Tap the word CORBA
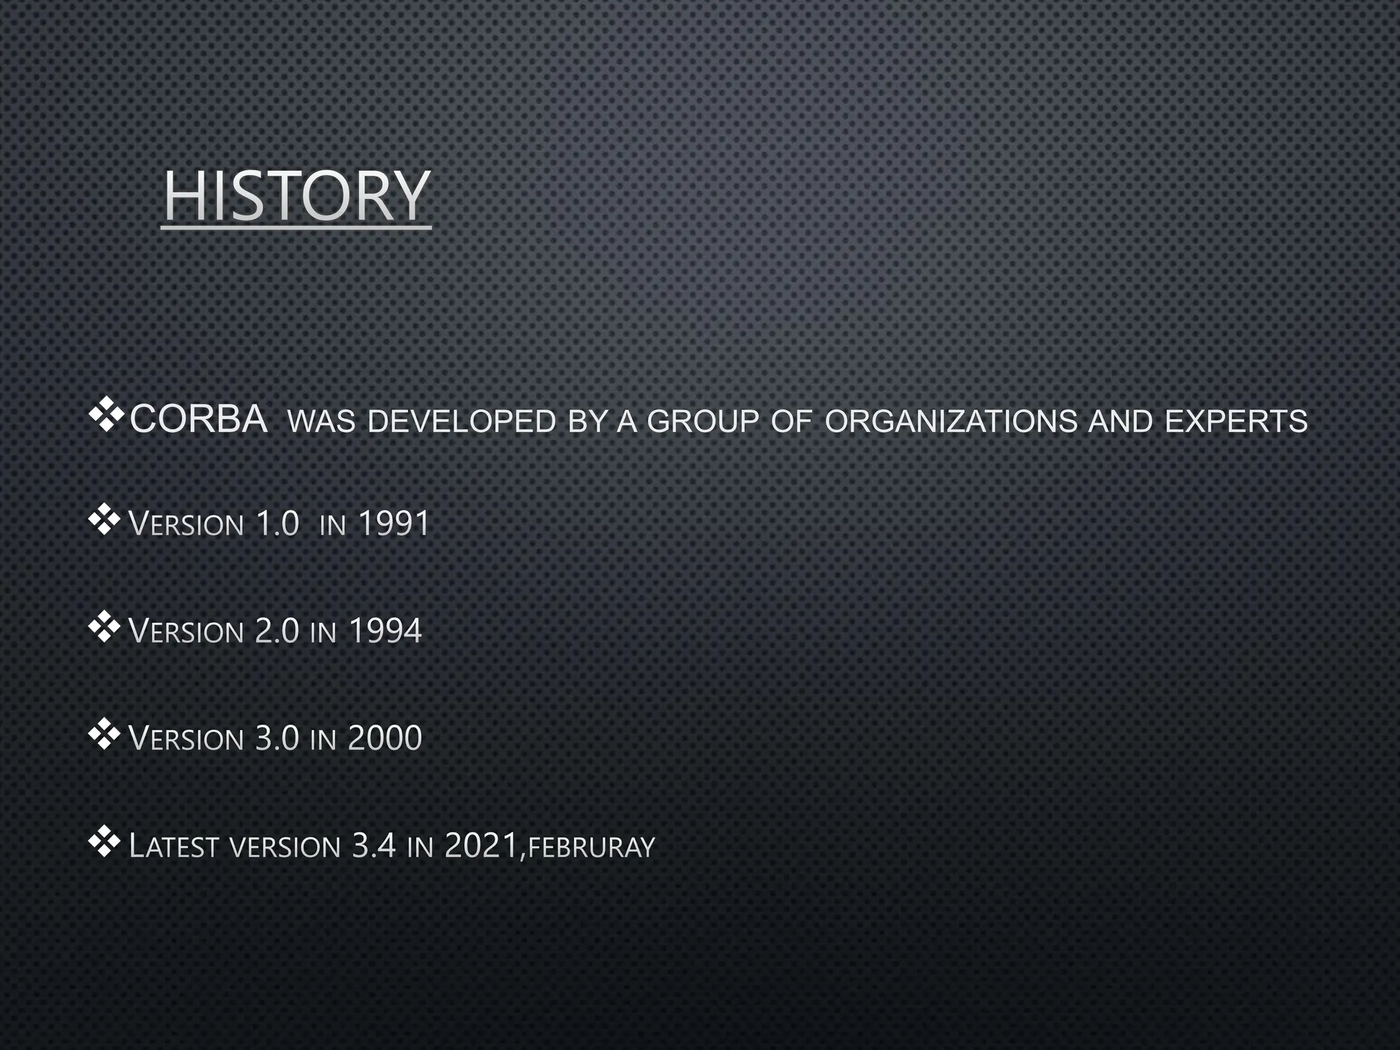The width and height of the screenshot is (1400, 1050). pyautogui.click(x=198, y=420)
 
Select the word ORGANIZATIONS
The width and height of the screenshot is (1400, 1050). pyautogui.click(x=951, y=422)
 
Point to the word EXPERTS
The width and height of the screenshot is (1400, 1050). pyautogui.click(x=1236, y=422)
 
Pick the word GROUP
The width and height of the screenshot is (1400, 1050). pyautogui.click(x=703, y=422)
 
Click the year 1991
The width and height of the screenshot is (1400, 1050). pyautogui.click(x=394, y=524)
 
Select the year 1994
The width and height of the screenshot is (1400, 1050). pyautogui.click(x=385, y=630)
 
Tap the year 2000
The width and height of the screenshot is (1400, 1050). pyautogui.click(x=385, y=738)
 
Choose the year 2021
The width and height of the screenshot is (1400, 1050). pyautogui.click(x=481, y=846)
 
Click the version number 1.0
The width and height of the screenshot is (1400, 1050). pyautogui.click(x=277, y=524)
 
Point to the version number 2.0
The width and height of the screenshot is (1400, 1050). pyautogui.click(x=277, y=630)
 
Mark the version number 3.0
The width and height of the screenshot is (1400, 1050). pyautogui.click(x=277, y=738)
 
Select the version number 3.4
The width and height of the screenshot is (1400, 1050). pyautogui.click(x=373, y=846)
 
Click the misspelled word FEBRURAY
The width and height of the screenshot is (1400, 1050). pyautogui.click(x=591, y=848)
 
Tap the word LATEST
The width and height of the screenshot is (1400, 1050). pyautogui.click(x=174, y=847)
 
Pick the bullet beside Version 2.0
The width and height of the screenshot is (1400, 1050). pyautogui.click(x=105, y=628)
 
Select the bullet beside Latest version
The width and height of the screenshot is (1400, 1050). pyautogui.click(x=105, y=844)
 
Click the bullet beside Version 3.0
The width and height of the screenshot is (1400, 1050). pyautogui.click(x=105, y=736)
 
